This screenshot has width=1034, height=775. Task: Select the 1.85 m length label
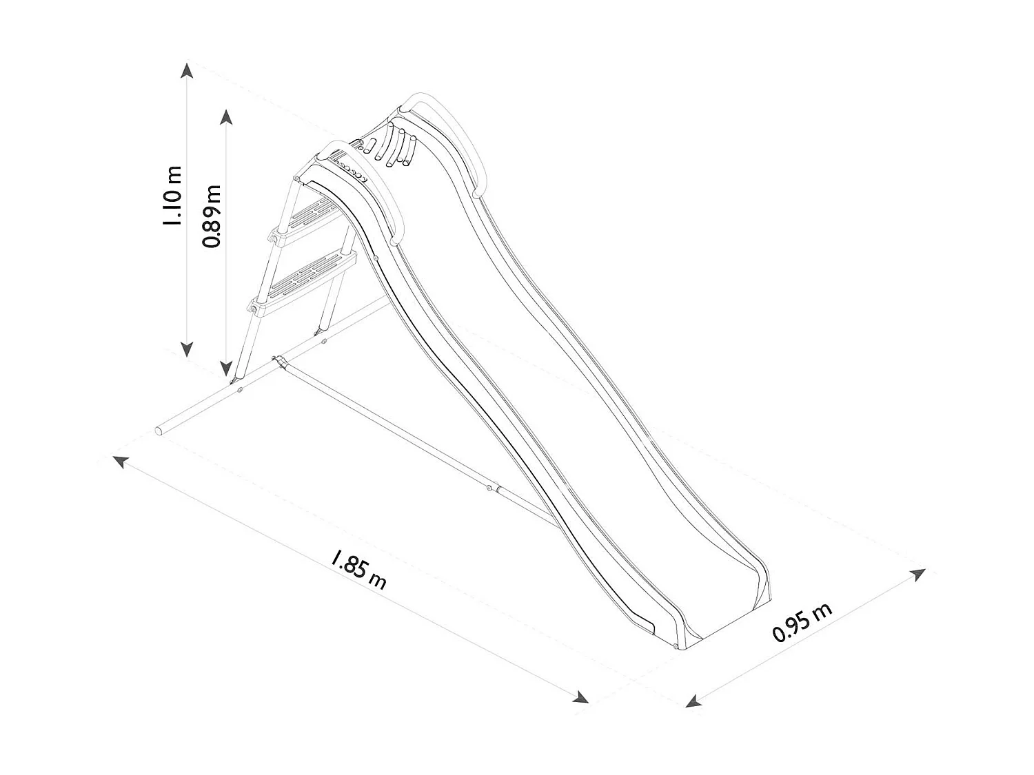click(x=358, y=569)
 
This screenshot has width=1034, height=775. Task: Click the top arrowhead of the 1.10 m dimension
click(x=186, y=70)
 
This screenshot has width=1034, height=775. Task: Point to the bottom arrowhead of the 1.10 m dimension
click(x=186, y=349)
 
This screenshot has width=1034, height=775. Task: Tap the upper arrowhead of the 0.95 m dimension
click(x=918, y=575)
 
